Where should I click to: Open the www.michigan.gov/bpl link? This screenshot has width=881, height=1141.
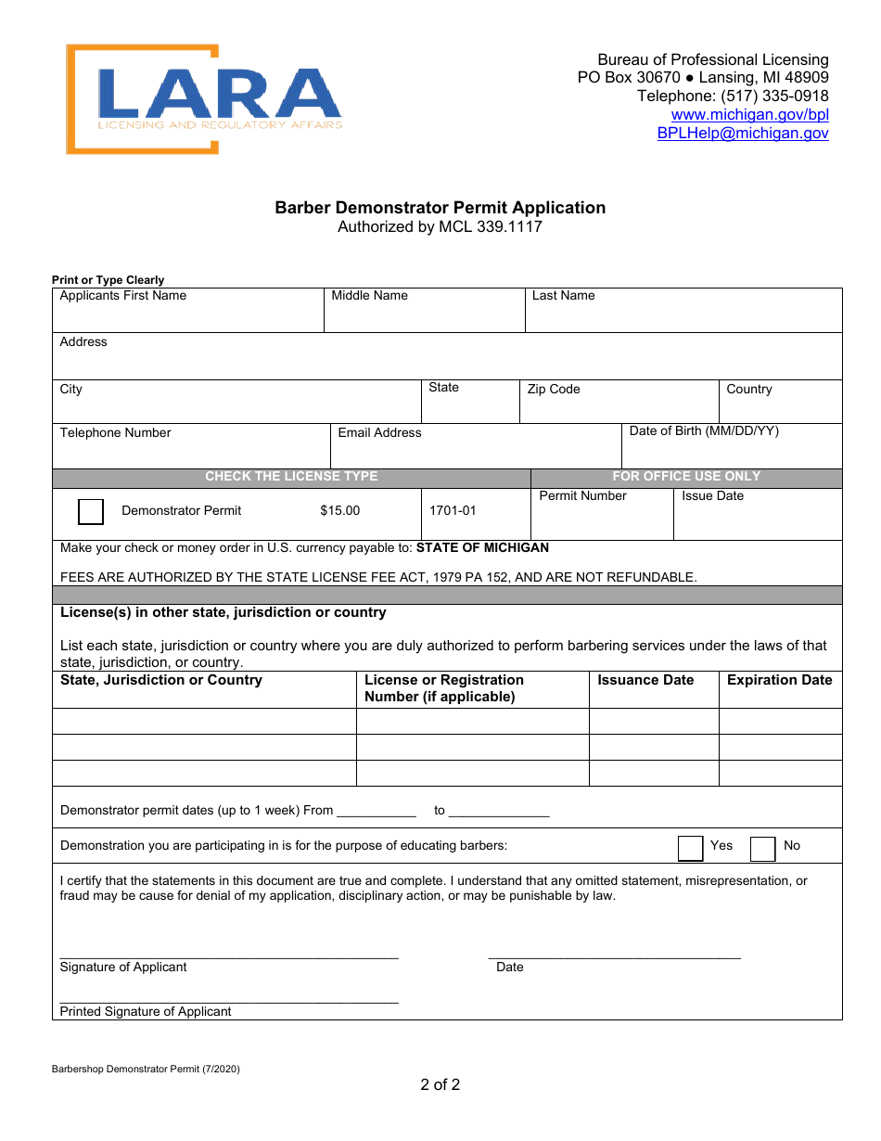click(x=749, y=115)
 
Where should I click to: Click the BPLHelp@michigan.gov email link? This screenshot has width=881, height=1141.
click(x=743, y=134)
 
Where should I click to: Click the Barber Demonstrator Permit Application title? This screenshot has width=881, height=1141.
click(x=440, y=208)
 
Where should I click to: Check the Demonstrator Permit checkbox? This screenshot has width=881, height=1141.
click(x=91, y=511)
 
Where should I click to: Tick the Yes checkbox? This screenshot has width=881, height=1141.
click(x=690, y=848)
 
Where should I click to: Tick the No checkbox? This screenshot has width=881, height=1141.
click(x=762, y=848)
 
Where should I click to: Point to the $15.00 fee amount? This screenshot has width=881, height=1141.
click(x=339, y=511)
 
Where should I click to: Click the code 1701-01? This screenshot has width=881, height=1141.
click(x=453, y=511)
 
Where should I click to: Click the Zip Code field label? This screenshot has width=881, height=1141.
click(x=554, y=390)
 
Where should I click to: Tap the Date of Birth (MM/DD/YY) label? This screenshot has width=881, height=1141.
click(x=704, y=431)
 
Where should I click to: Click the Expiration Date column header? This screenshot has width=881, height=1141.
click(x=779, y=681)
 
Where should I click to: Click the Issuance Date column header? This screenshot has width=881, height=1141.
click(x=645, y=681)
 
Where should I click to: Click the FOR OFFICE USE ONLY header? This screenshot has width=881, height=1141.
click(x=686, y=477)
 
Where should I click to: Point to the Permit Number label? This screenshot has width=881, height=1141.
click(x=582, y=496)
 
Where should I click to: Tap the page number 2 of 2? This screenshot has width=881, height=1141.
click(x=440, y=1084)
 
